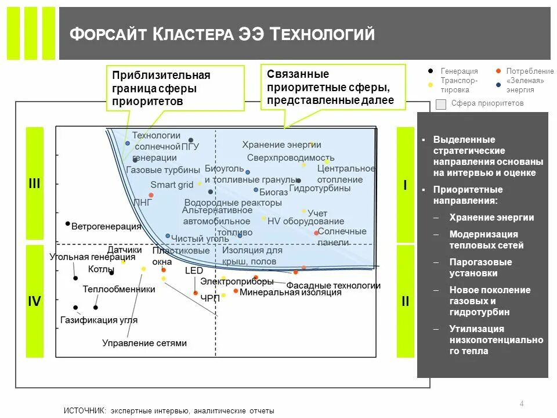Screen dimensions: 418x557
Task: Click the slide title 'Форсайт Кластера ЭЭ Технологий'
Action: (x=222, y=34)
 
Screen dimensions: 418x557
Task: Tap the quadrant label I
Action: (x=405, y=185)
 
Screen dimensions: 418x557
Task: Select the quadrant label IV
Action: (x=35, y=301)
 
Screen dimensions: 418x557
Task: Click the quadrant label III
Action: (x=35, y=183)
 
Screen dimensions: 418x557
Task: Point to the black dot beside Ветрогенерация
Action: (x=68, y=224)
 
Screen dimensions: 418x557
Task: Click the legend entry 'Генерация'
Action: (x=459, y=71)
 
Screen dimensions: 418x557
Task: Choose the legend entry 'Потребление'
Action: (x=529, y=71)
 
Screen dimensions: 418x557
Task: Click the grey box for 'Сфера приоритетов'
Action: (x=441, y=104)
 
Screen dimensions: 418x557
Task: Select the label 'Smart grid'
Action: (x=172, y=185)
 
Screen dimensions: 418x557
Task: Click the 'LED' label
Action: (x=194, y=271)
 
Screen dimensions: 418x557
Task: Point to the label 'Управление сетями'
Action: (x=144, y=343)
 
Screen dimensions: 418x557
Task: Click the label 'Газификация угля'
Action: (x=99, y=320)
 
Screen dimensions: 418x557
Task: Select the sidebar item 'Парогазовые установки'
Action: (x=480, y=268)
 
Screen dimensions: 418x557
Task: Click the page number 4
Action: (x=522, y=404)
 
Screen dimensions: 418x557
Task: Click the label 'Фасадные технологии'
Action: (x=334, y=285)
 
